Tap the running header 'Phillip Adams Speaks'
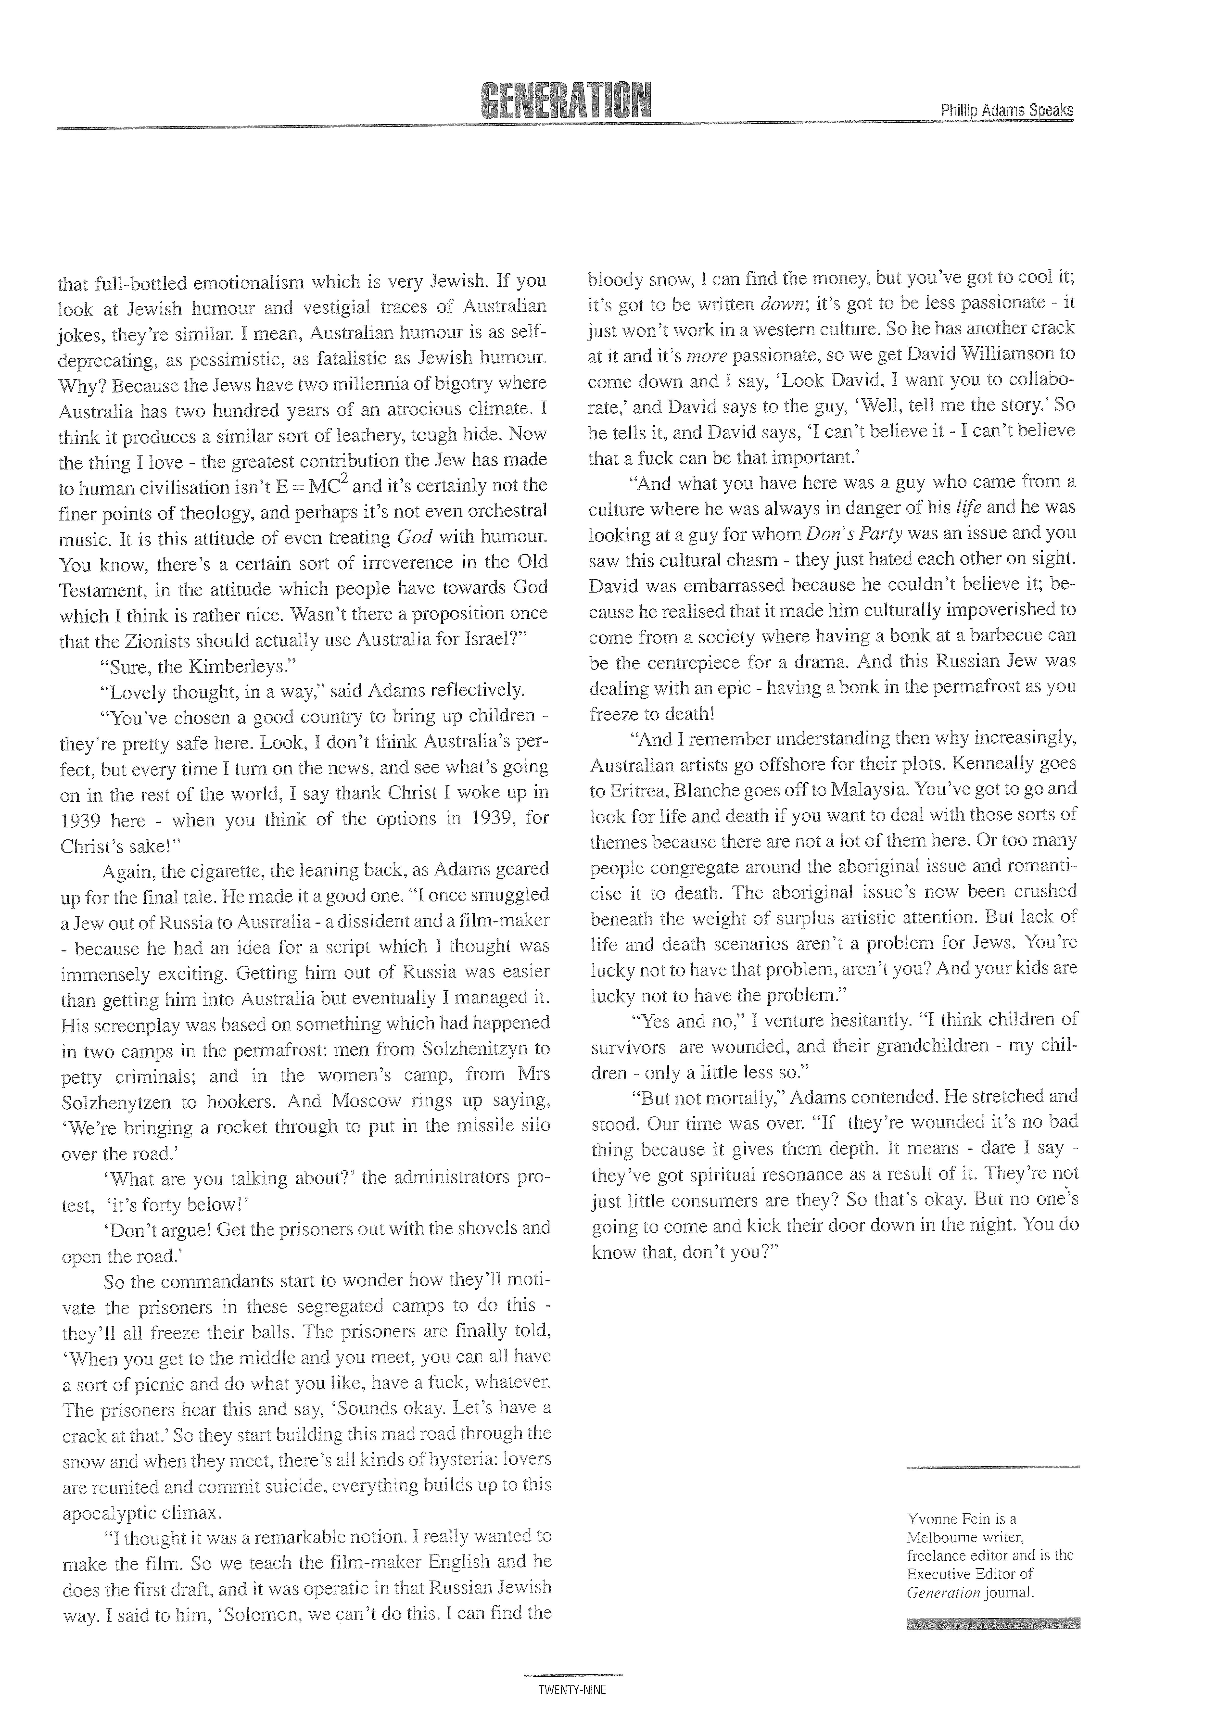click(x=1006, y=110)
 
